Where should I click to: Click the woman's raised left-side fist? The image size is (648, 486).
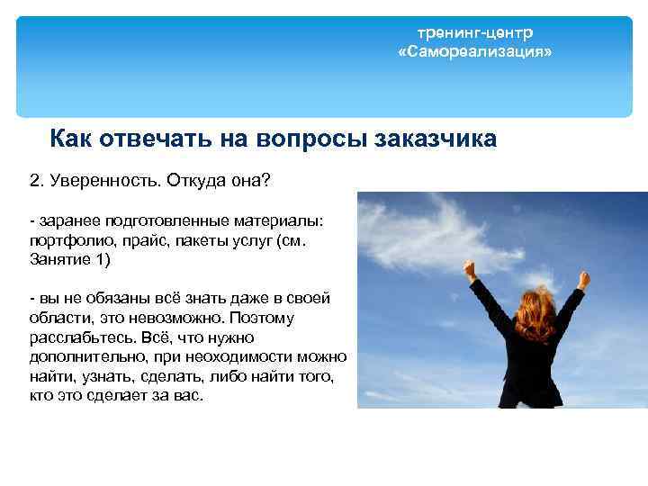470,267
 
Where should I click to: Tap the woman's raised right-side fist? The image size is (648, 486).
582,280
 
